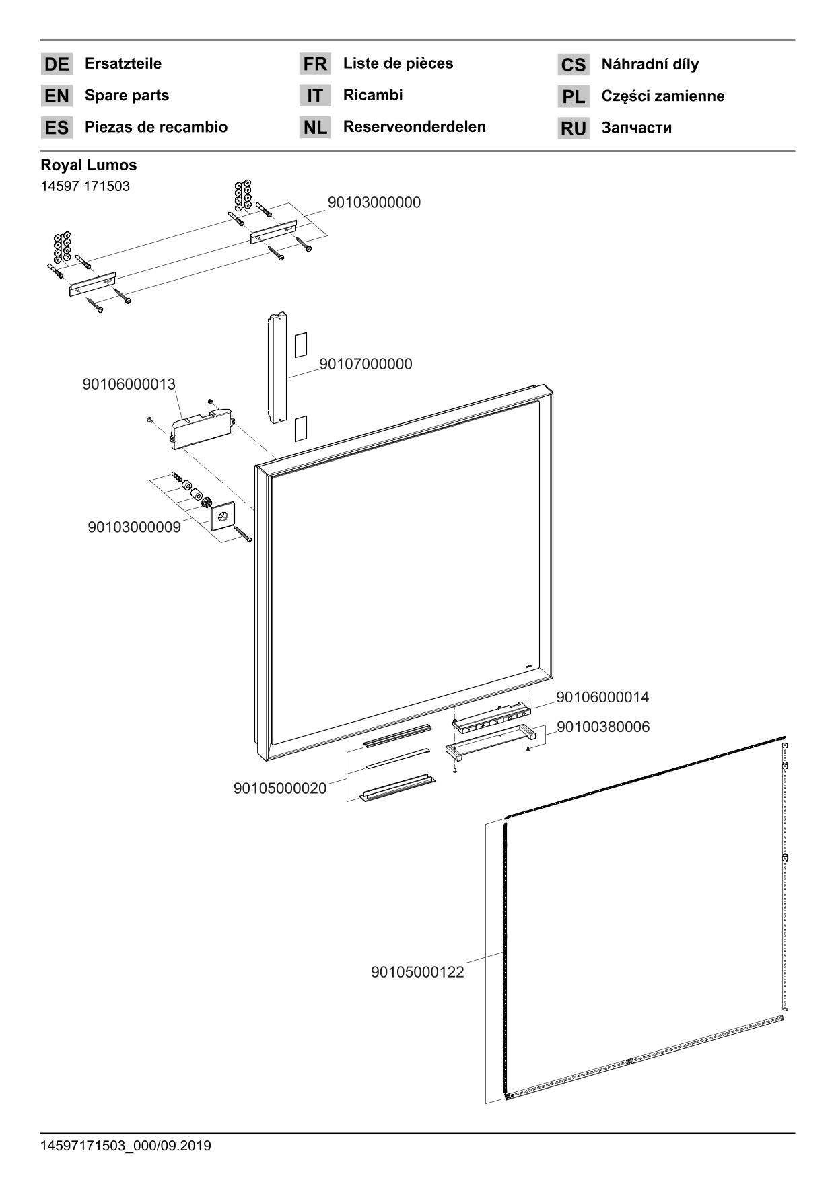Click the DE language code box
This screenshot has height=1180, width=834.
tap(57, 64)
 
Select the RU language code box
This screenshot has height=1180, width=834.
tap(574, 128)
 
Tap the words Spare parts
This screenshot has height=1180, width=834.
tap(127, 96)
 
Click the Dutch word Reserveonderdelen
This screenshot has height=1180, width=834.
tap(414, 126)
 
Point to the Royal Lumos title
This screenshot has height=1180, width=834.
tap(89, 165)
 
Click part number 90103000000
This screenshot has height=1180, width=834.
tap(374, 202)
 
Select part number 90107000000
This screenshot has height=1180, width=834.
tap(366, 364)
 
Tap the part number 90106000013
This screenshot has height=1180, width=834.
tap(129, 384)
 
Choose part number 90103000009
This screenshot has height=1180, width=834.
tap(134, 527)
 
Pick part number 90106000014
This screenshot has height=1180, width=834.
tap(602, 697)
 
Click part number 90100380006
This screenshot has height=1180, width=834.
tap(603, 727)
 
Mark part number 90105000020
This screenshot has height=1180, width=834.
tap(280, 788)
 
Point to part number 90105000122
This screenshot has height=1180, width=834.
tap(417, 972)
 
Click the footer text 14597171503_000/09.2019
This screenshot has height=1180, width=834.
tap(126, 1145)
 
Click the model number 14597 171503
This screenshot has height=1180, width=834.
tap(85, 186)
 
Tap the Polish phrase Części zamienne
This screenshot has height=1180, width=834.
tap(662, 96)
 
